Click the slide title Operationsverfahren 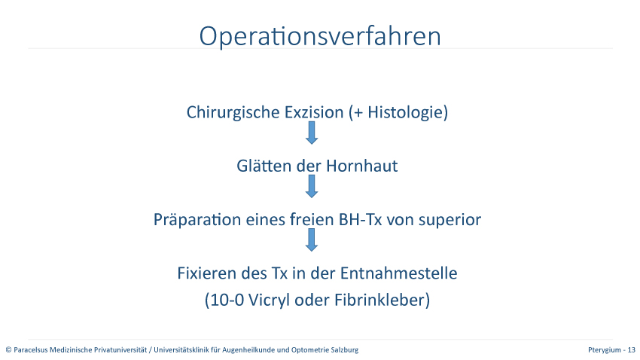[320, 37]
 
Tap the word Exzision [314, 112]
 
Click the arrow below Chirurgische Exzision [312, 133]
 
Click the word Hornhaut [361, 166]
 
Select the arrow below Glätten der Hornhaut [312, 187]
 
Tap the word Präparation [197, 220]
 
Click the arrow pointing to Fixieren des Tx [312, 240]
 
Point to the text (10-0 [224, 300]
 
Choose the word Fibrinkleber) [382, 300]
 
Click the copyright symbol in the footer [8, 349]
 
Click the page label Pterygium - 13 [611, 350]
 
